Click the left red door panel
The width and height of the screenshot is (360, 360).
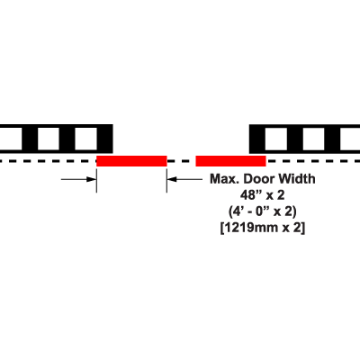pos(131,161)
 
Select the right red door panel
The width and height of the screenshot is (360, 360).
pos(230,161)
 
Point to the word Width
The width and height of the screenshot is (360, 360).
pos(296,179)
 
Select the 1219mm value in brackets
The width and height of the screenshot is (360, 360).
pos(251,228)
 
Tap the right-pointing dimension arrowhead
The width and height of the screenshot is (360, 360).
pos(91,179)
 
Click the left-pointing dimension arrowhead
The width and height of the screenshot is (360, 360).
pos(172,179)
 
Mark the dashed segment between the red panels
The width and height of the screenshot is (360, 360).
pos(181,161)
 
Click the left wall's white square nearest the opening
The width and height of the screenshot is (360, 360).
pos(85,139)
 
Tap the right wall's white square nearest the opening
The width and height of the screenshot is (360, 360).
pos(276,139)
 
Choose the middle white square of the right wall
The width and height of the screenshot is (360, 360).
pos(313,139)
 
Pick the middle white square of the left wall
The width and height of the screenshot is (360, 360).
pos(49,139)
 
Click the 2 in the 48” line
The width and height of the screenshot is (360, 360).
pos(281,195)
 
